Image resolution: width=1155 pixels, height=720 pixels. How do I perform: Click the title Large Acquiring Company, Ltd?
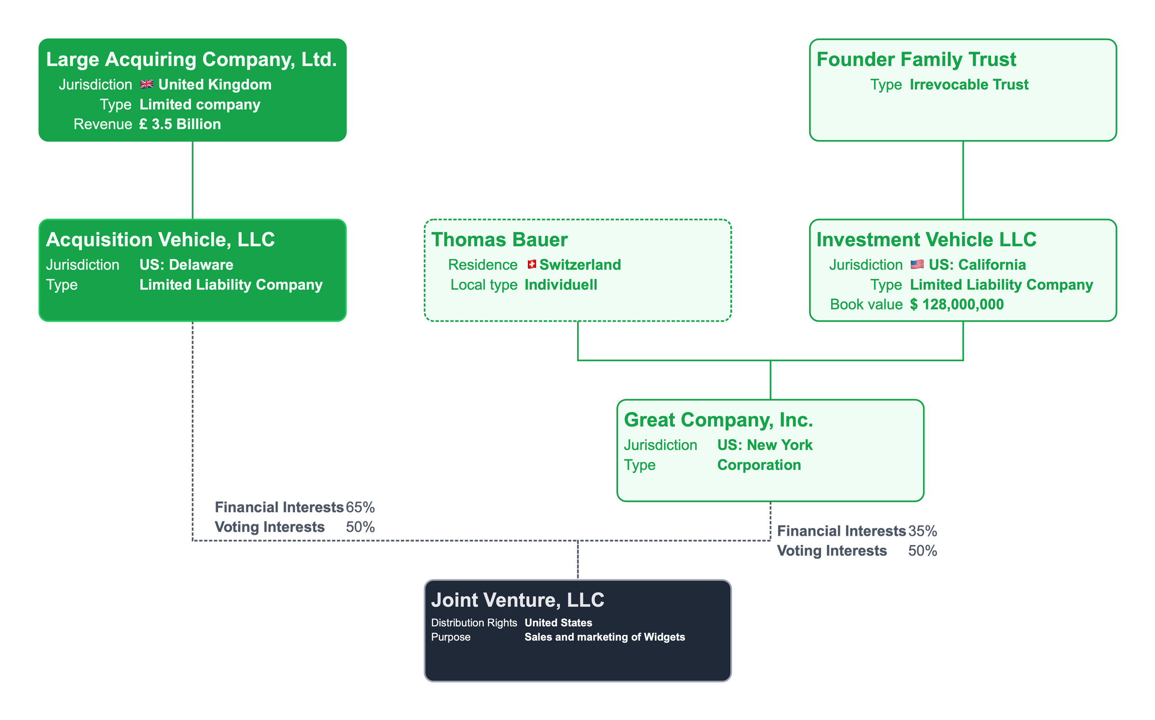click(x=191, y=60)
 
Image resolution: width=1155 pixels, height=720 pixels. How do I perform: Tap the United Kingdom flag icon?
click(x=147, y=85)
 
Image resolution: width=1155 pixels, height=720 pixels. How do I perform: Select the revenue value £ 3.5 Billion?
click(x=180, y=124)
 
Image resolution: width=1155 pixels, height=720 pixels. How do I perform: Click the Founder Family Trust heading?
click(x=916, y=60)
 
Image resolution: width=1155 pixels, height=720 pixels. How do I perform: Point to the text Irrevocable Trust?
click(x=969, y=85)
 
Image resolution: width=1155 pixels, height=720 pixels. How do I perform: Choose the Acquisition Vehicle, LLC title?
click(x=160, y=240)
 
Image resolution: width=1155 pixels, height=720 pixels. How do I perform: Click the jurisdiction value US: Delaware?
click(x=186, y=265)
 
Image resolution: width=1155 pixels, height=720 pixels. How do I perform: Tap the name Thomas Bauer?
click(x=500, y=240)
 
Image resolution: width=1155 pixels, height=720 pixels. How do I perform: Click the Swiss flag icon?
click(x=532, y=265)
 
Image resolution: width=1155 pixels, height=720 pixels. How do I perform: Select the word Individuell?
click(x=561, y=285)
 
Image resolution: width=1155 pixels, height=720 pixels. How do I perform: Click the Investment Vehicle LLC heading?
click(x=926, y=240)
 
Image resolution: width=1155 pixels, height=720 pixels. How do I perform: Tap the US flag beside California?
click(x=917, y=265)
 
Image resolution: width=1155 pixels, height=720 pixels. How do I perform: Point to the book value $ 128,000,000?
click(x=957, y=304)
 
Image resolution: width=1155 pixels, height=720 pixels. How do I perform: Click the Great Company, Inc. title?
click(x=719, y=420)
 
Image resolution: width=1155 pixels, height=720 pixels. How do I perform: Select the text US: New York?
click(x=765, y=445)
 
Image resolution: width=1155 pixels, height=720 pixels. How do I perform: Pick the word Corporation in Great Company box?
click(x=759, y=465)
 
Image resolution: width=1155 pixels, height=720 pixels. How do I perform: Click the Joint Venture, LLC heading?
click(x=518, y=600)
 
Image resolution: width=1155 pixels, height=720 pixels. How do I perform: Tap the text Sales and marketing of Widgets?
click(x=604, y=637)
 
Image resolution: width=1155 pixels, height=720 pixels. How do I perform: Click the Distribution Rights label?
click(x=474, y=623)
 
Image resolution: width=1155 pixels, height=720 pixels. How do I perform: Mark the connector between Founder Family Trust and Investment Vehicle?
click(x=963, y=180)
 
